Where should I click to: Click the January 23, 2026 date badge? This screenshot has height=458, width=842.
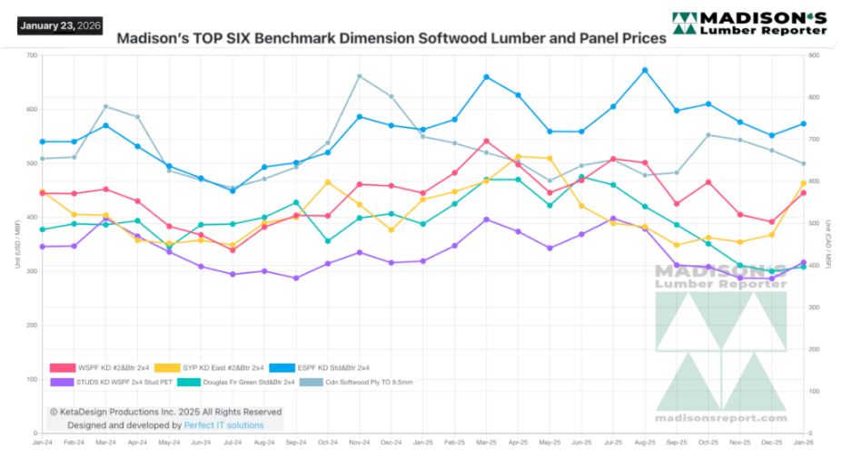pyautogui.click(x=58, y=25)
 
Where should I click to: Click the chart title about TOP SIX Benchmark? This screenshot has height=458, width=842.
pyautogui.click(x=391, y=39)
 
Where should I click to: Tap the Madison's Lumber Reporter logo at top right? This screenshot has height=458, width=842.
pyautogui.click(x=749, y=24)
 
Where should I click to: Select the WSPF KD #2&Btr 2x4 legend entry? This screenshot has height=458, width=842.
pyautogui.click(x=100, y=367)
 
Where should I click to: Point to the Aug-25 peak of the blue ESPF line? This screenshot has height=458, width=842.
pyautogui.click(x=645, y=70)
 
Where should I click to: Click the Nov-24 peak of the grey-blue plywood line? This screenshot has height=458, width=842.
pyautogui.click(x=360, y=76)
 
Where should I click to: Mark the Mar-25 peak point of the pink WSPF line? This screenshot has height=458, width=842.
pyautogui.click(x=487, y=141)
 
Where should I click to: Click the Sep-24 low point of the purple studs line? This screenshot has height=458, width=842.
pyautogui.click(x=296, y=278)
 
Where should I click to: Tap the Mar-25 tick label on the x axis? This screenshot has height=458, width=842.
pyautogui.click(x=487, y=442)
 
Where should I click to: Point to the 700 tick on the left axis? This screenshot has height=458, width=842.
pyautogui.click(x=32, y=56)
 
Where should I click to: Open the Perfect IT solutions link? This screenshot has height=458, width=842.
pyautogui.click(x=224, y=424)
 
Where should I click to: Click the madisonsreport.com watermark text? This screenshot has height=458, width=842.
pyautogui.click(x=721, y=418)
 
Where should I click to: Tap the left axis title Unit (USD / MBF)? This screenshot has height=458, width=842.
pyautogui.click(x=17, y=245)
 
